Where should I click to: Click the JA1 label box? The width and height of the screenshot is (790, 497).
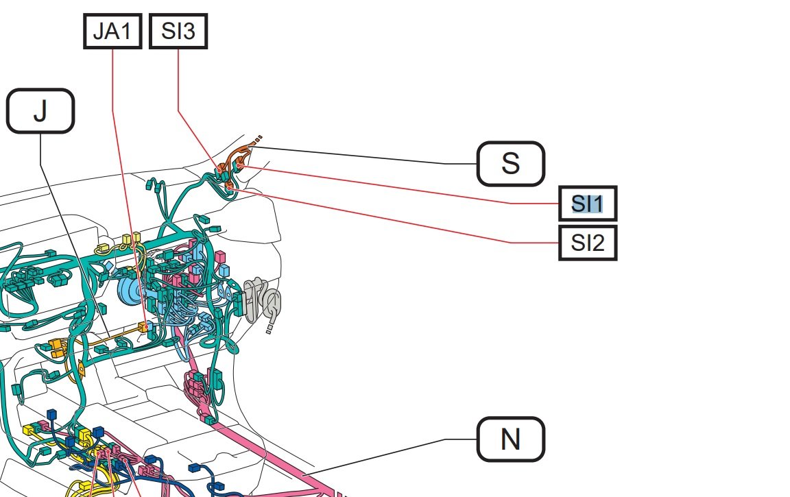click(x=112, y=32)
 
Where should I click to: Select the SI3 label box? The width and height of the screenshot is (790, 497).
click(x=178, y=32)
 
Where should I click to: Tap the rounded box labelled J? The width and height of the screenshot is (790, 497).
click(x=40, y=111)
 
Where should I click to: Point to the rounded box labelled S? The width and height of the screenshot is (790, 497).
click(x=510, y=164)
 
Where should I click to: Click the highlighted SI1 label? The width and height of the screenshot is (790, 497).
click(x=588, y=204)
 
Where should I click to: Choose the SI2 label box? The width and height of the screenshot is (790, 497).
click(x=588, y=243)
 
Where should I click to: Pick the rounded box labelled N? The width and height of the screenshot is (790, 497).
click(x=510, y=439)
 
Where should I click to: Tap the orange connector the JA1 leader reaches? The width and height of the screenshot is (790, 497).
click(x=143, y=326)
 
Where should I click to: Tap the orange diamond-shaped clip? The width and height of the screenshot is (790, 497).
click(x=80, y=370)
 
